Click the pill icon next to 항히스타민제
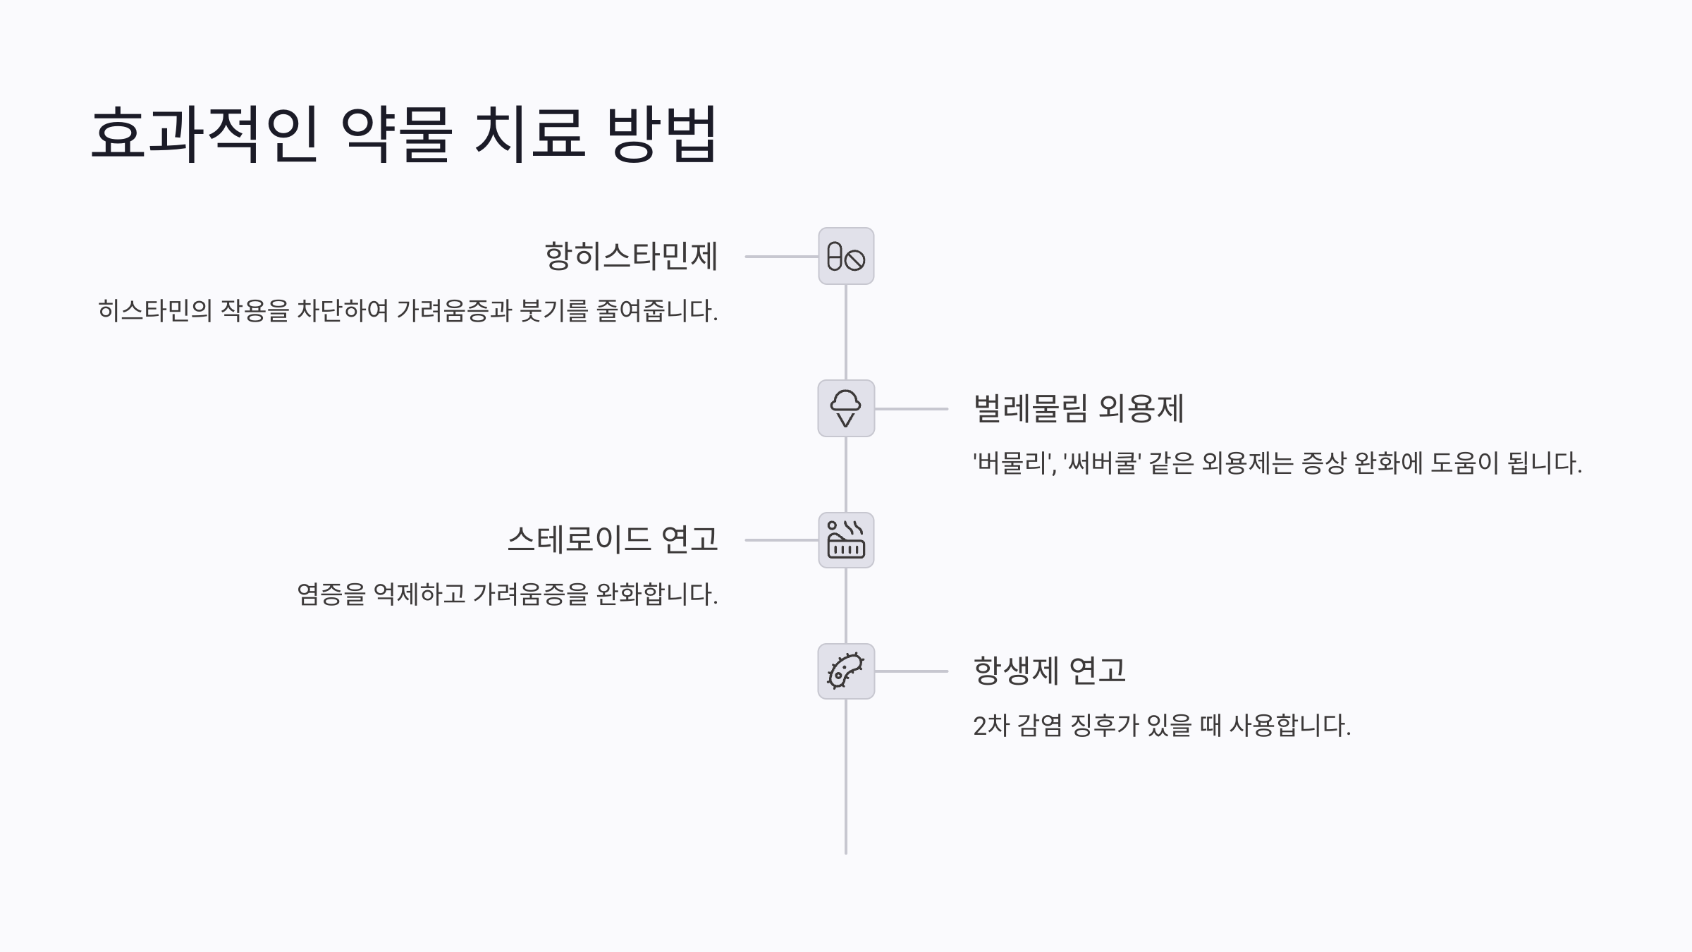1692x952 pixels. [x=846, y=257]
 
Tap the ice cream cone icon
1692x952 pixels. [x=846, y=409]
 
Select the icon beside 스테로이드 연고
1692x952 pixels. [x=846, y=540]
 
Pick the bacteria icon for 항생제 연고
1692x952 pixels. [x=846, y=671]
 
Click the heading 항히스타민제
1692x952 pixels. [x=631, y=256]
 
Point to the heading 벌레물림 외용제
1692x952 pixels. [x=1078, y=409]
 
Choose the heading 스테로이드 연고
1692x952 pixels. [x=613, y=540]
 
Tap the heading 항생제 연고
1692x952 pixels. [x=1049, y=671]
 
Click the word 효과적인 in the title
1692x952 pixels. [x=204, y=134]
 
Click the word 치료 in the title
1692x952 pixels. [x=529, y=134]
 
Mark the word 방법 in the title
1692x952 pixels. [x=661, y=134]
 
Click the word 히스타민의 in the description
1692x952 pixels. [x=155, y=311]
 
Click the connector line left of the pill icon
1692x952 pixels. [x=781, y=257]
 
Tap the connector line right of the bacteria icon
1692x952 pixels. [x=911, y=671]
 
